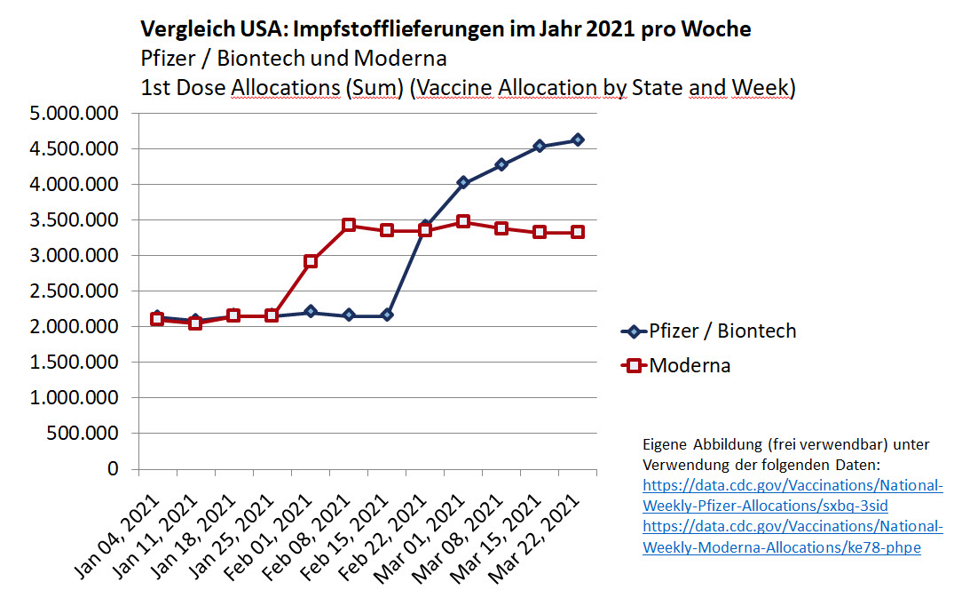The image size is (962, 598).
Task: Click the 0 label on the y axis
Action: [x=112, y=469]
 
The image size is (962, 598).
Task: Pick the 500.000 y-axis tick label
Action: [x=80, y=434]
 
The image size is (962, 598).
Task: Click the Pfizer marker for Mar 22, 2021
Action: [x=577, y=140]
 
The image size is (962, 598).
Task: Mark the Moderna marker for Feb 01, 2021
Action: [x=311, y=261]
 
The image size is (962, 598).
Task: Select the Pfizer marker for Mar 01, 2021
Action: [x=462, y=182]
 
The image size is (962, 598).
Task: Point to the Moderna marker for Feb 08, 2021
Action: [x=349, y=225]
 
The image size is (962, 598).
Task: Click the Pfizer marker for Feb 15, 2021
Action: [x=387, y=315]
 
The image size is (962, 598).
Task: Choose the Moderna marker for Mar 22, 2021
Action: [x=577, y=232]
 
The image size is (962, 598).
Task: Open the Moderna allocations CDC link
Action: [x=792, y=538]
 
